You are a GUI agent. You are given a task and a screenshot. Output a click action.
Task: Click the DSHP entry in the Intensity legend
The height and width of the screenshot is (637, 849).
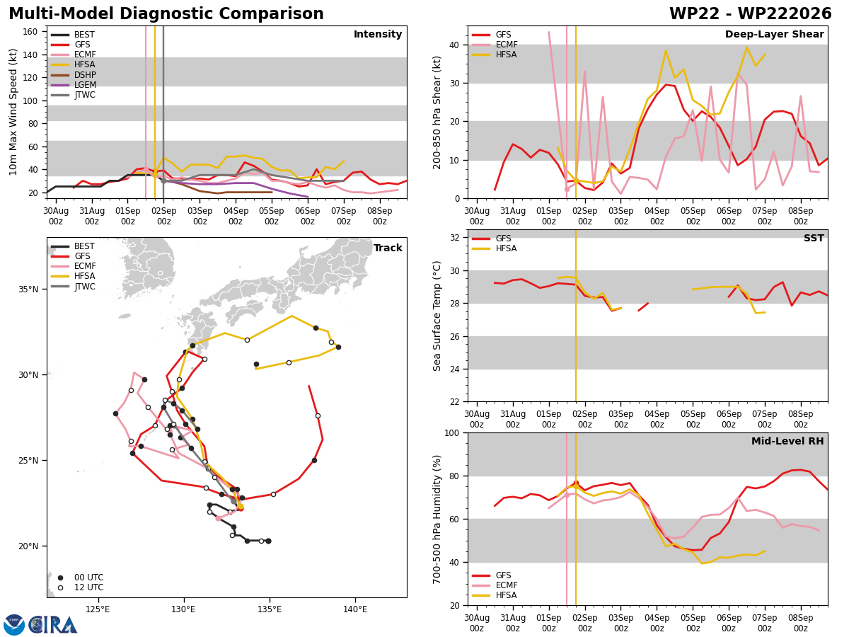(74, 74)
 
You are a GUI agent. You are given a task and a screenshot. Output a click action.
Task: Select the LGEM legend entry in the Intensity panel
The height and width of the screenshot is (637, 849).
(74, 85)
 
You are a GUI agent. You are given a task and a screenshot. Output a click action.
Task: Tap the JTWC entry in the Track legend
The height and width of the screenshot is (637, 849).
(73, 287)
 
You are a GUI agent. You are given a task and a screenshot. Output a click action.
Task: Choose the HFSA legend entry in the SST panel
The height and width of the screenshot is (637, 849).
(495, 248)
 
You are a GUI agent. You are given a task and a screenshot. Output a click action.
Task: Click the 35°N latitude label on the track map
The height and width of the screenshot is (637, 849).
(28, 289)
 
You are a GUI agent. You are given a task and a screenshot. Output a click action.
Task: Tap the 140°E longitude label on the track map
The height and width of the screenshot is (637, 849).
(355, 609)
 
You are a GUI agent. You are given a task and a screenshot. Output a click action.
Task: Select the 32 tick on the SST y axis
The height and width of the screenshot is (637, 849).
(455, 238)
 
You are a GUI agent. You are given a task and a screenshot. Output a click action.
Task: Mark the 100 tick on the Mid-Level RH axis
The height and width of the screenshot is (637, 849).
(453, 432)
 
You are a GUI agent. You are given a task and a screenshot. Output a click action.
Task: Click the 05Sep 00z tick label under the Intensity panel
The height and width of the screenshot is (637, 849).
(272, 216)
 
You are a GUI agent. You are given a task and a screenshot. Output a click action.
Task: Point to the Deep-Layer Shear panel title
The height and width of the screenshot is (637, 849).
(774, 35)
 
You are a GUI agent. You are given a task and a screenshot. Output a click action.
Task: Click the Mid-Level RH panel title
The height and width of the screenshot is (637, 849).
(787, 441)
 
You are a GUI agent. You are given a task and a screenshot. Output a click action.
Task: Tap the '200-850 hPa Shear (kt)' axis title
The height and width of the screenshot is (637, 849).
(437, 113)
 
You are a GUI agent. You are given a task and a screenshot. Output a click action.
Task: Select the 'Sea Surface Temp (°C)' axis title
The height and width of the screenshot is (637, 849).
(437, 316)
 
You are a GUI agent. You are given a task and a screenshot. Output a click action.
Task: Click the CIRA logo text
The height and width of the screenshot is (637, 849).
(52, 625)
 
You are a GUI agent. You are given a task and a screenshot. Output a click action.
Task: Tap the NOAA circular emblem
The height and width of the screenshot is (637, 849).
(14, 625)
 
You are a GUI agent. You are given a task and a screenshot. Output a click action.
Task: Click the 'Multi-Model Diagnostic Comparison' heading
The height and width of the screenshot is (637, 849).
(166, 14)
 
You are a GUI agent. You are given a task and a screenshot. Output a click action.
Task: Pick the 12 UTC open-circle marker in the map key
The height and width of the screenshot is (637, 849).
(60, 588)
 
